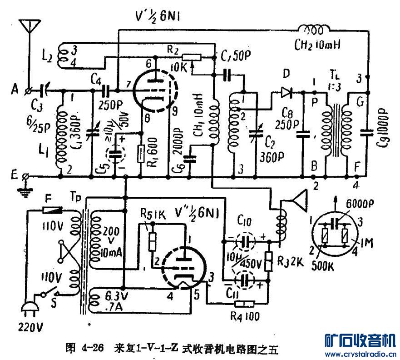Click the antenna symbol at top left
(29, 26)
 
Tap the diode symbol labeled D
(286, 93)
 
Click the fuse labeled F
(51, 210)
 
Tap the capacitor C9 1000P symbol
(367, 133)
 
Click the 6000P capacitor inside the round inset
(336, 222)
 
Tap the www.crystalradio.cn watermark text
(361, 354)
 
